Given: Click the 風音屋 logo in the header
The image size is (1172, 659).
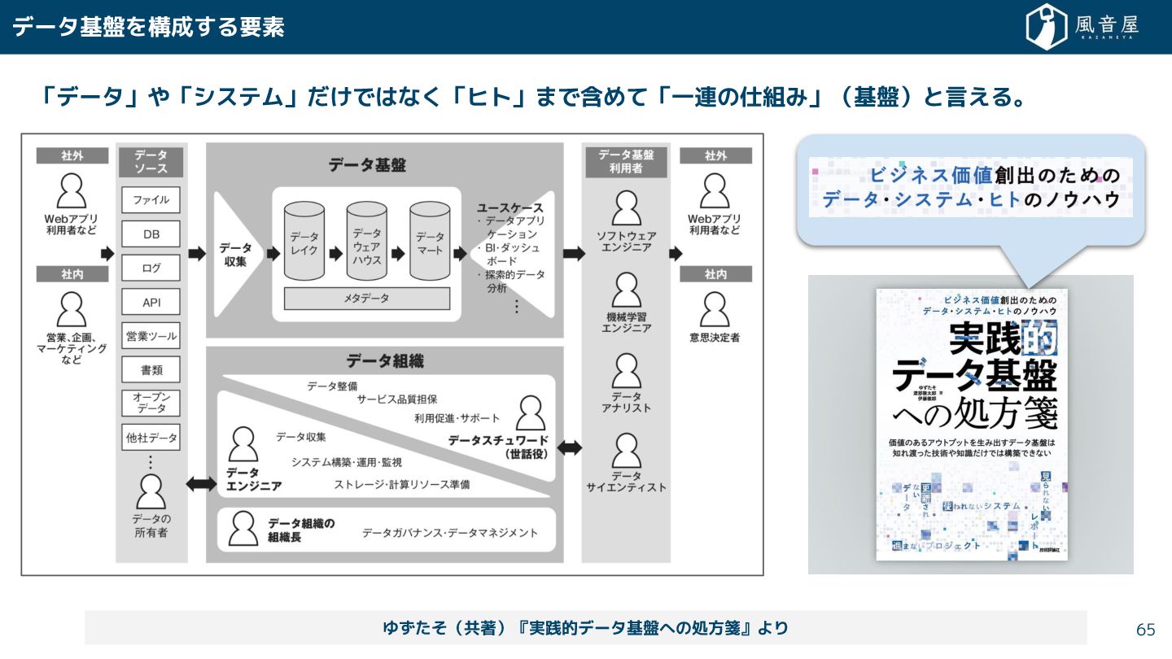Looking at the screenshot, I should click(x=1082, y=27).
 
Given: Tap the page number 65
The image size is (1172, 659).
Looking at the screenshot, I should click(x=1146, y=630).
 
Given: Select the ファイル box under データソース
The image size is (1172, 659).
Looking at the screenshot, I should click(x=151, y=200).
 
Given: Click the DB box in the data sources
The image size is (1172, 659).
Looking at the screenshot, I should click(x=151, y=234).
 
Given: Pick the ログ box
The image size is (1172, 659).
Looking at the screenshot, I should click(x=151, y=268).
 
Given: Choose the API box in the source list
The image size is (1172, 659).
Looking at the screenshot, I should click(x=151, y=303).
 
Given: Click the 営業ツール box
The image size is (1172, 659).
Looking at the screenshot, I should click(x=151, y=336).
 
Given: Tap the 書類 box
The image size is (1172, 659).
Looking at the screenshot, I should click(x=151, y=370).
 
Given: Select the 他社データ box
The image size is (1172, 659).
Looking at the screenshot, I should click(x=151, y=438).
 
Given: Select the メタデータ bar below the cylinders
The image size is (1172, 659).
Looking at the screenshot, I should click(x=366, y=299).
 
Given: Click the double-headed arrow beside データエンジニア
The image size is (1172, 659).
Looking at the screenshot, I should click(x=201, y=484).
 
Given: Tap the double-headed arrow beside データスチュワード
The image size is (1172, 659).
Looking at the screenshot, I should click(x=569, y=447).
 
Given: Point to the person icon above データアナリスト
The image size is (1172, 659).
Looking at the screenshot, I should click(x=626, y=371).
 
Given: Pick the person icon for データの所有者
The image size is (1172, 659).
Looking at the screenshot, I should click(x=151, y=491).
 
